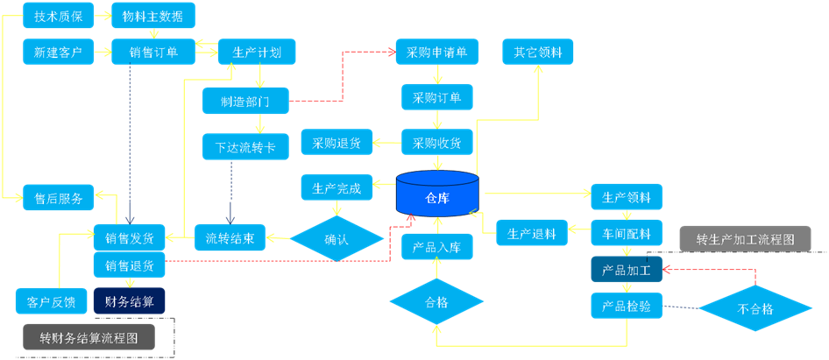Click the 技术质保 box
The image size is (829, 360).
tap(59, 16)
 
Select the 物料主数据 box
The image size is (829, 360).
tap(153, 16)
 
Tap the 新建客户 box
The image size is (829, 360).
tap(59, 53)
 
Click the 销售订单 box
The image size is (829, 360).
tap(153, 53)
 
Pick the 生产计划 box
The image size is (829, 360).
tap(257, 53)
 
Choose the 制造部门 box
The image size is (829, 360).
tap(245, 101)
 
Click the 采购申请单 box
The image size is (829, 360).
tap(436, 53)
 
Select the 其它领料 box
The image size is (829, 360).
tap(538, 53)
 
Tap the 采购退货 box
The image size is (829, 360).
tap(337, 142)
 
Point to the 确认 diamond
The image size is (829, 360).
tap(337, 238)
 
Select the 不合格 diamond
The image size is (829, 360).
tap(755, 309)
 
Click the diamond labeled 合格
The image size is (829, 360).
tap(436, 302)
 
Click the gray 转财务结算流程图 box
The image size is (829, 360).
tap(89, 337)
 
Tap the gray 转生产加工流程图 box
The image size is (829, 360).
tap(745, 238)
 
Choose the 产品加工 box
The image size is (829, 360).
tap(626, 271)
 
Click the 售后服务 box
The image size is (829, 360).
tap(59, 199)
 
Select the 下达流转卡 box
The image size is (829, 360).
tap(245, 147)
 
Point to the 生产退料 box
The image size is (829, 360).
tap(532, 233)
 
